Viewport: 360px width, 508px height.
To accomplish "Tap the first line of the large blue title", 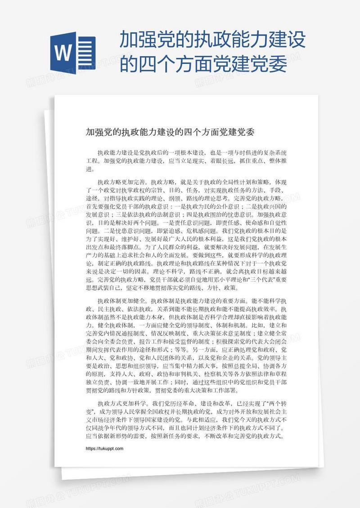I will pyautogui.click(x=213, y=43).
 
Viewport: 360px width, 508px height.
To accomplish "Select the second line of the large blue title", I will pyautogui.click(x=203, y=65).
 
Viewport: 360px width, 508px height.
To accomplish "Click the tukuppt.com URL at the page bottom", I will pyautogui.click(x=104, y=449).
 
